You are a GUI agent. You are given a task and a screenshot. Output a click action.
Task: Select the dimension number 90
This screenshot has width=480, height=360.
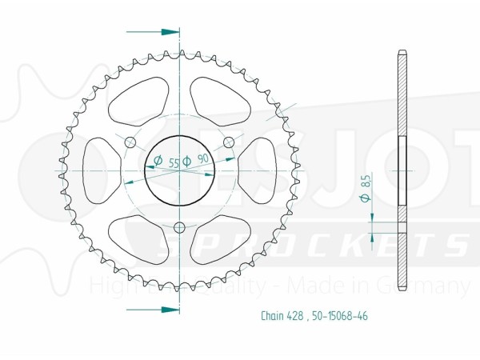[x=202, y=160]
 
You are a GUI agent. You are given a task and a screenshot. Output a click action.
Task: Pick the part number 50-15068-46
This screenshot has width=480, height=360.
[x=338, y=316]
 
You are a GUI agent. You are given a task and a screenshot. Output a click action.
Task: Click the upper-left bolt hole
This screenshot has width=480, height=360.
[x=130, y=142]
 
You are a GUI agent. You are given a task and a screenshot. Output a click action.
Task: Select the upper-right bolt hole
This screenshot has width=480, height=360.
[x=229, y=142]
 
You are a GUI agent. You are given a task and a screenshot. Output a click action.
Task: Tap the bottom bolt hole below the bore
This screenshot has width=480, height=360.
[x=179, y=228]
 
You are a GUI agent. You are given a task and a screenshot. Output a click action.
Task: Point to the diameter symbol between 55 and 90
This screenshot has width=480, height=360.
[x=187, y=161]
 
